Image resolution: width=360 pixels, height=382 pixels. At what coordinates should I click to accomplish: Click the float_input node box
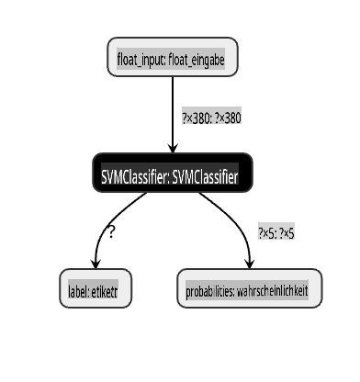click(x=173, y=57)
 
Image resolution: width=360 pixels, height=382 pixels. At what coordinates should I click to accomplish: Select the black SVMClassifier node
click(x=173, y=173)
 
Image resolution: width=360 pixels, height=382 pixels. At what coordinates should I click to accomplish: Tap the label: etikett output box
click(x=96, y=288)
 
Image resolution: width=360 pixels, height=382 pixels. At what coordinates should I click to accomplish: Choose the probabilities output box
click(x=250, y=288)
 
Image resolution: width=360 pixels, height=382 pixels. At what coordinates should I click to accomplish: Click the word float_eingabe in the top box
click(x=197, y=60)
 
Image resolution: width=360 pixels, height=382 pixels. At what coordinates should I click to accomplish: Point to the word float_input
click(x=141, y=60)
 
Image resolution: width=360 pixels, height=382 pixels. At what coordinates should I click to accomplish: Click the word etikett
click(x=105, y=291)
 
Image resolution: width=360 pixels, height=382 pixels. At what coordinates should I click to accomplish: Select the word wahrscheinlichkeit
click(x=273, y=291)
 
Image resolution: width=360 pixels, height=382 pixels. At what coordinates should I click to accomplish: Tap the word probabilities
click(x=210, y=291)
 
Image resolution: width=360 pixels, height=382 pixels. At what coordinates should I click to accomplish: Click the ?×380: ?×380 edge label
click(x=212, y=118)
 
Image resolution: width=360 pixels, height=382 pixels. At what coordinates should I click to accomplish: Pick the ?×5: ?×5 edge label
click(x=276, y=233)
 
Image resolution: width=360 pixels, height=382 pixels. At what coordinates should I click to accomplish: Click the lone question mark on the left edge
click(x=111, y=232)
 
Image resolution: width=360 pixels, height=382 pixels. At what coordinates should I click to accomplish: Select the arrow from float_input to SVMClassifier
click(x=173, y=115)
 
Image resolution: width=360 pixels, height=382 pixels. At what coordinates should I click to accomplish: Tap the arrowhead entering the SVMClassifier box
click(x=173, y=148)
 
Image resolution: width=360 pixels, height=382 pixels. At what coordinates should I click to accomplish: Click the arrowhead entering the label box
click(x=96, y=264)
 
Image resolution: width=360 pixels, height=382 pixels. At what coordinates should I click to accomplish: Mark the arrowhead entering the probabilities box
click(x=250, y=264)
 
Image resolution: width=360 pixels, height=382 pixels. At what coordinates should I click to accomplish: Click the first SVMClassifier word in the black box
click(x=135, y=177)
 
